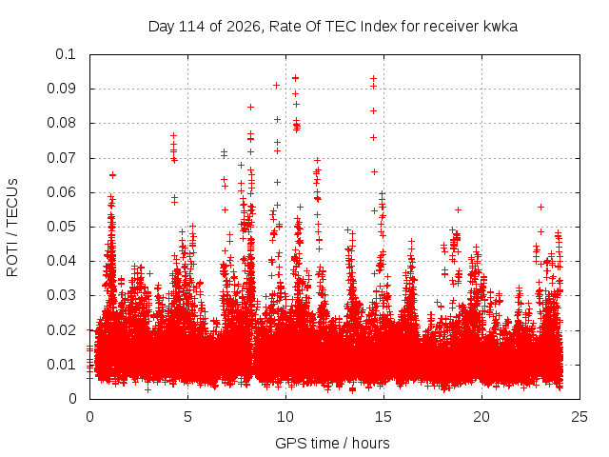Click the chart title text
[333, 27]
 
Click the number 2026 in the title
[244, 27]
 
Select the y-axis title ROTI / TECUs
[12, 228]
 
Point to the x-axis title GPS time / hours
[332, 443]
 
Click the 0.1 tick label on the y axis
[66, 54]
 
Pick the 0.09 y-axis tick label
[61, 89]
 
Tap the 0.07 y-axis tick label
[61, 158]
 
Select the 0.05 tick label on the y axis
[61, 227]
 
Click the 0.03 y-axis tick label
[61, 295]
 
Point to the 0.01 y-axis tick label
[61, 365]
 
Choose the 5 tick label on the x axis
[188, 417]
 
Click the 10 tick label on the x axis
[285, 417]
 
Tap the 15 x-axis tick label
[383, 417]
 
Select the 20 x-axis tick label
[481, 417]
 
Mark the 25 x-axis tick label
[580, 417]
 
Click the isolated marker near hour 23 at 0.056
[540, 208]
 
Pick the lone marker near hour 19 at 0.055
[459, 209]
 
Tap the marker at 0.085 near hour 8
[251, 107]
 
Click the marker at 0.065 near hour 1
[112, 175]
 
